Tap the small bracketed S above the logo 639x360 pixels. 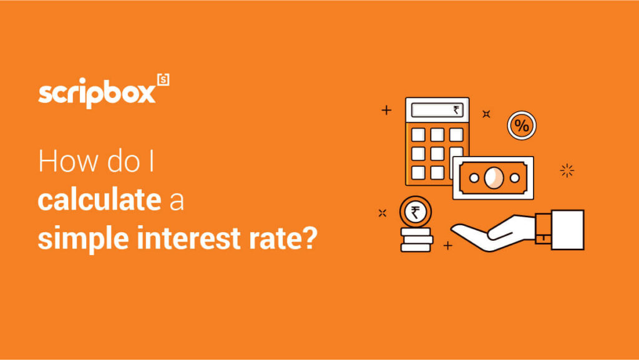pos(163,80)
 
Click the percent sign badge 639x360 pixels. pos(521,125)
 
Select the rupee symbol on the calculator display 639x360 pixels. pos(457,111)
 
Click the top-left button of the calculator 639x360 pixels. pos(418,134)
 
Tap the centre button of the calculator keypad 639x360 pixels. pos(437,153)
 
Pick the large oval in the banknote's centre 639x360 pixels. pos(493,178)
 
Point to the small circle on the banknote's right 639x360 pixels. pos(515,178)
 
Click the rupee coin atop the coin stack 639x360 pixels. pos(414,213)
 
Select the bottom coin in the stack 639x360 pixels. pos(416,247)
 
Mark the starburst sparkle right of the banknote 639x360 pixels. pos(567,170)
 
